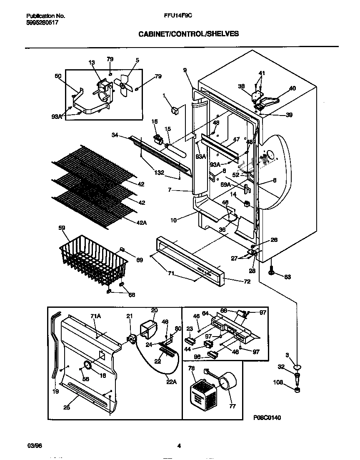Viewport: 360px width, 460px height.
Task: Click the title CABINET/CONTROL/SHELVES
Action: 188,34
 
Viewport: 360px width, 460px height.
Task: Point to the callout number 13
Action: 92,63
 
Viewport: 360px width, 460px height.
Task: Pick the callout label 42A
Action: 142,223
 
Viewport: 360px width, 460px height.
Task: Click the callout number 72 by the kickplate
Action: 247,282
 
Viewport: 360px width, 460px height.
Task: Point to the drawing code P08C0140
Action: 267,417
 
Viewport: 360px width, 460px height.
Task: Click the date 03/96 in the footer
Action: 32,446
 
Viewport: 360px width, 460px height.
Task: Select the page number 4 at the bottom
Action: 179,446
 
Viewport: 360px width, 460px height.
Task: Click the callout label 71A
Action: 96,317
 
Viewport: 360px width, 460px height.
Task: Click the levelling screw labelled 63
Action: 272,272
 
